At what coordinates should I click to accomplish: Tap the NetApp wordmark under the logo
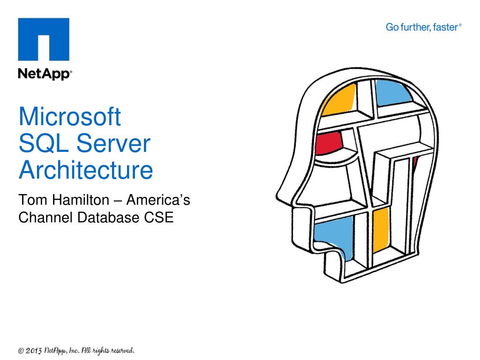[x=45, y=75]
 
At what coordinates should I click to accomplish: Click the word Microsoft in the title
[x=70, y=117]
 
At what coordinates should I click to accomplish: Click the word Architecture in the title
[x=86, y=171]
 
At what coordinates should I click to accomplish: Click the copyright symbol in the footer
[x=21, y=351]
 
